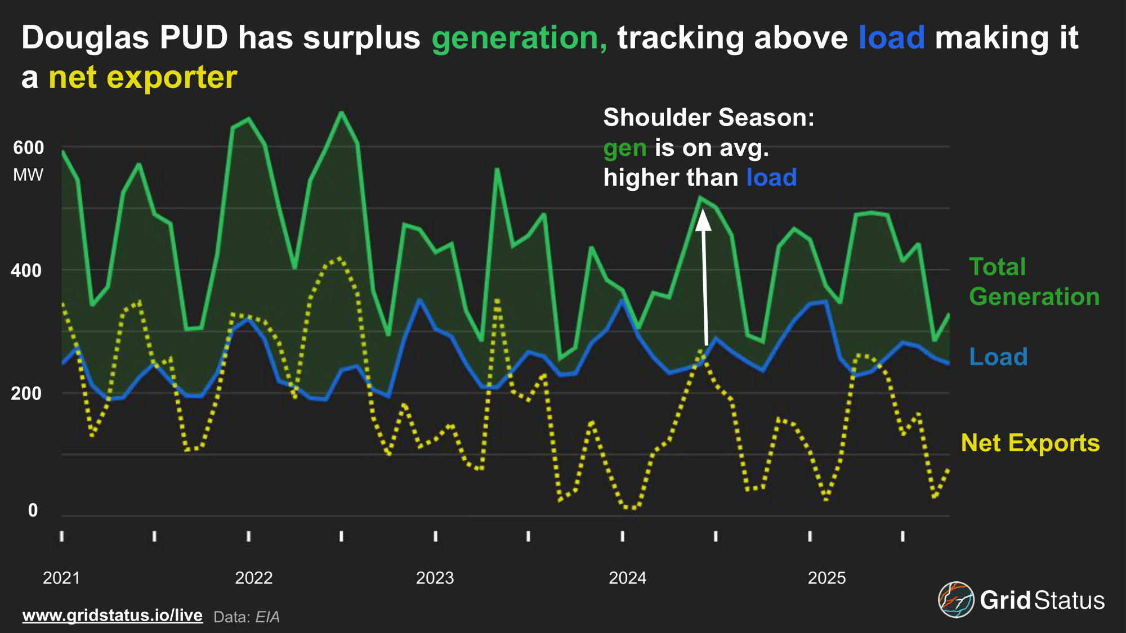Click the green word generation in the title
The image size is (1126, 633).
coord(519,38)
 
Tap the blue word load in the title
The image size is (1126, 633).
coord(891,38)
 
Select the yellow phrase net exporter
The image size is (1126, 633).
coord(143,78)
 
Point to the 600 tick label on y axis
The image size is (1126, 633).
coord(28,148)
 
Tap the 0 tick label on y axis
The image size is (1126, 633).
coord(33,510)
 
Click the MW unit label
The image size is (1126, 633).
coord(28,175)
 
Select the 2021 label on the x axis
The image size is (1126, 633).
coord(61,578)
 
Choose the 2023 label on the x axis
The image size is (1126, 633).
coord(435,578)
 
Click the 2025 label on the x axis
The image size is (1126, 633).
coord(826,578)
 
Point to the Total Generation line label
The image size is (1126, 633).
coord(1034,281)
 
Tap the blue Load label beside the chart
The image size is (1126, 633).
coord(998,357)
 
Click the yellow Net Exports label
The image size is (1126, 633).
coord(1030,443)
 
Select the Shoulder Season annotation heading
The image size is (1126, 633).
coord(708,118)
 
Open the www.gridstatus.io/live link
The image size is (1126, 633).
coord(113,616)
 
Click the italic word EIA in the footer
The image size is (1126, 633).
coord(267,617)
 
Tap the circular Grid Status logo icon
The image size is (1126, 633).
coord(955,600)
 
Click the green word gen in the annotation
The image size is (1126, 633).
coord(624,148)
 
